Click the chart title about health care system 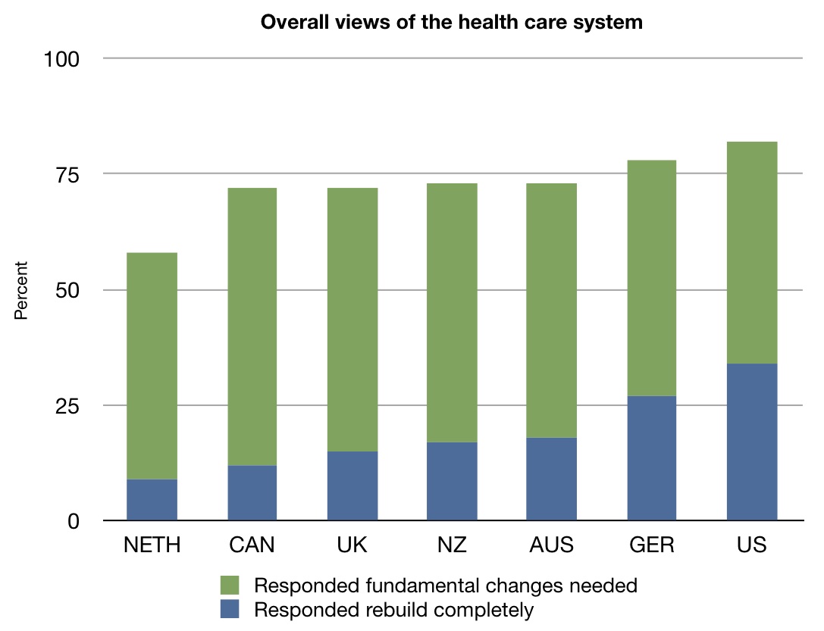451,22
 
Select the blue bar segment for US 751,442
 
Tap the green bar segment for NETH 152,366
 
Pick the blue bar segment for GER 651,458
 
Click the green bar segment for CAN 252,326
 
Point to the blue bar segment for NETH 152,500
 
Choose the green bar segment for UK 352,320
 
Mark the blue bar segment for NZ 452,481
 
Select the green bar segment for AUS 552,311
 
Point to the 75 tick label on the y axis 69,174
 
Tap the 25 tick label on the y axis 69,405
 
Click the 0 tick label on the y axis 74,521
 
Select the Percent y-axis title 21,290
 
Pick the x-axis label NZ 452,545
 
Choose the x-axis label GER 651,545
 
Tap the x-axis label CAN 252,545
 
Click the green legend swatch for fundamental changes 229,586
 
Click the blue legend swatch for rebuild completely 229,609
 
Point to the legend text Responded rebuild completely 394,609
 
